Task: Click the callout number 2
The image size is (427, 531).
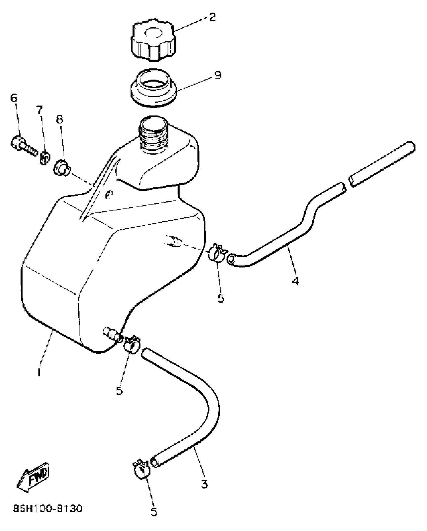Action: tap(212, 18)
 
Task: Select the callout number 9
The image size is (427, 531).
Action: tap(218, 75)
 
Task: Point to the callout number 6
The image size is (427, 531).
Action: tap(14, 98)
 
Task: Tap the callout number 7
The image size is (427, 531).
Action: tap(39, 110)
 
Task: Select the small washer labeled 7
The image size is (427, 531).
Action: tap(44, 158)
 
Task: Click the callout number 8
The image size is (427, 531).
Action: tap(60, 119)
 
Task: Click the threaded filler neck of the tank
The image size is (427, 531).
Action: tap(153, 136)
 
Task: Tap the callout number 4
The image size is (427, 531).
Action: tap(295, 281)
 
